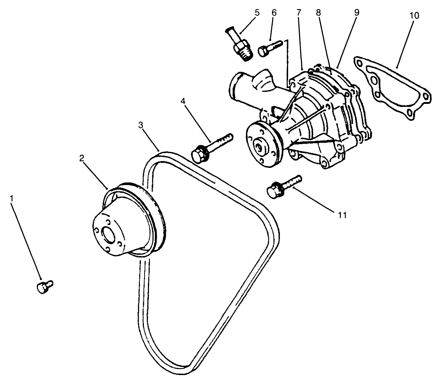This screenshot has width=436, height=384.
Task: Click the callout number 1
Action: tap(12, 198)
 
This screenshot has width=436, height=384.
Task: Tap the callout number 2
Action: tap(82, 158)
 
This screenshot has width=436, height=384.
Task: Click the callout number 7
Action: tap(299, 13)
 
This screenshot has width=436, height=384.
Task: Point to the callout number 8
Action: tap(318, 13)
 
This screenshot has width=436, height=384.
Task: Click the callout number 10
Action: tap(414, 16)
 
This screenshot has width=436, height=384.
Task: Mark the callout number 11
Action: tap(342, 215)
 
